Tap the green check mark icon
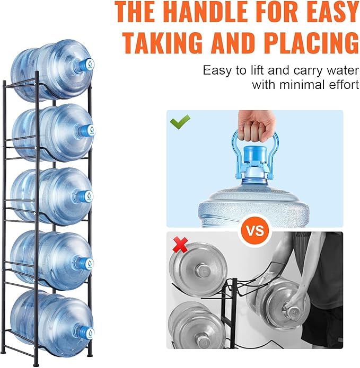180,122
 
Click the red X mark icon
180,245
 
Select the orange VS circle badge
255,230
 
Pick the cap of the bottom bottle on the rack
87,333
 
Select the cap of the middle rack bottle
86,196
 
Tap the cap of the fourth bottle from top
87,264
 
